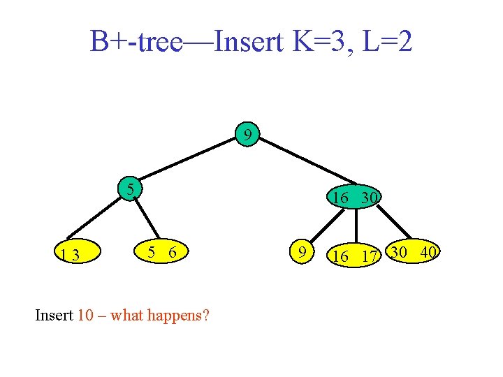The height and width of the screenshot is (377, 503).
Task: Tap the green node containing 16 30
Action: (355, 198)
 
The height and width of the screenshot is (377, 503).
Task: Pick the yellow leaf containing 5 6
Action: (161, 252)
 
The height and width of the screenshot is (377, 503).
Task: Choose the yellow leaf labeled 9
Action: (302, 251)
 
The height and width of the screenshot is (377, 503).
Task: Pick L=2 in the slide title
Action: (387, 43)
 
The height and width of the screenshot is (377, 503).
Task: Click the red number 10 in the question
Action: (85, 315)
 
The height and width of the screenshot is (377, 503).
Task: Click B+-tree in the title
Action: (136, 43)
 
